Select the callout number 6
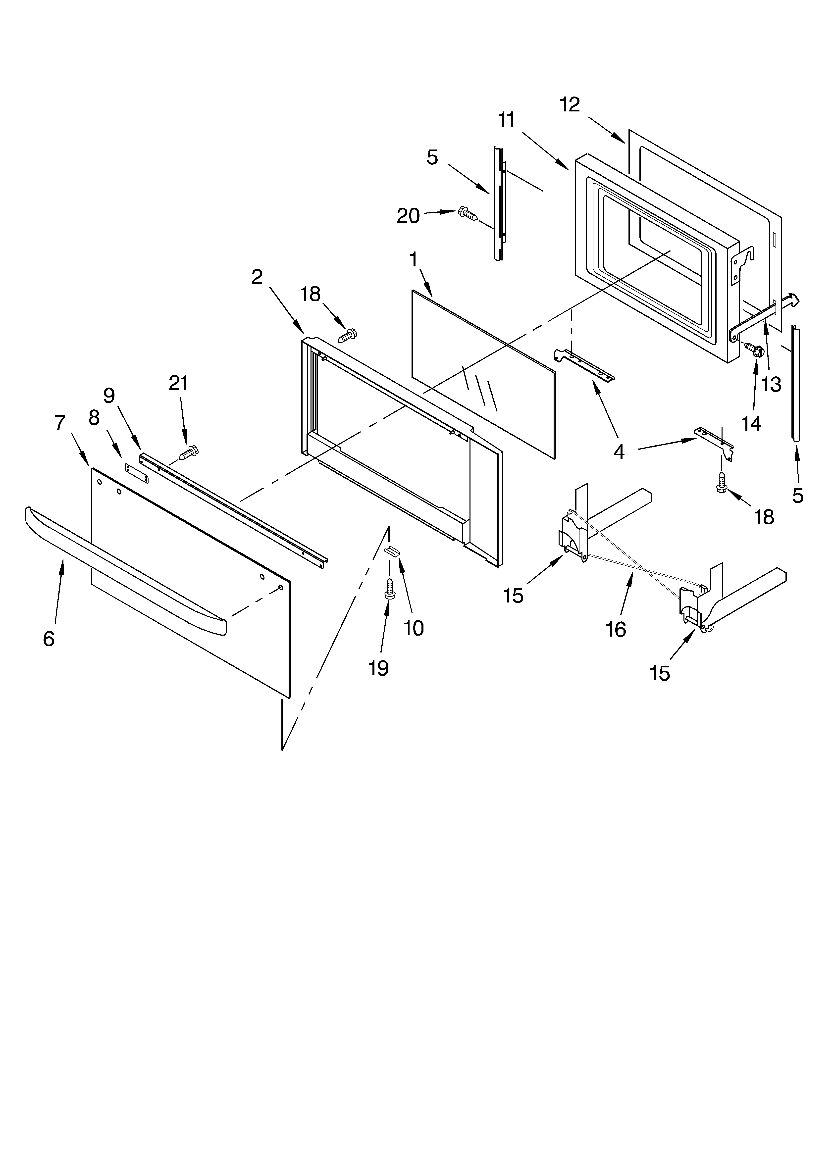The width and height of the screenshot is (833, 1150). [x=49, y=639]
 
